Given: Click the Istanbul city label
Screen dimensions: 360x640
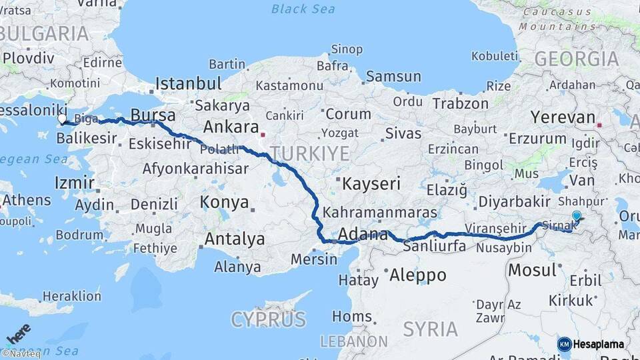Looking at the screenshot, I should (188, 84).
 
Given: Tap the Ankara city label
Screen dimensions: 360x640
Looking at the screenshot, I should (231, 127).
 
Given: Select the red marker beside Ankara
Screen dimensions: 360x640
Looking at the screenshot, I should (265, 132).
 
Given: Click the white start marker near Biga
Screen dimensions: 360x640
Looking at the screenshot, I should (62, 119).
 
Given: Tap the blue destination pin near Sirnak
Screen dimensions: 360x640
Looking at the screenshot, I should (577, 216).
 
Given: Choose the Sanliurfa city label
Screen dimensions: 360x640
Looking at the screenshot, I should (435, 247).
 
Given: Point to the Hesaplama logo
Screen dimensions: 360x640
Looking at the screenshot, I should (591, 344).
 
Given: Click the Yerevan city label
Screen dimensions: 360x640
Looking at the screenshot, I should (563, 118).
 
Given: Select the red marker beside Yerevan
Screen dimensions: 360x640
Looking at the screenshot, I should (600, 124).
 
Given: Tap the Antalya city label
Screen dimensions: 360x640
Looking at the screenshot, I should (235, 239).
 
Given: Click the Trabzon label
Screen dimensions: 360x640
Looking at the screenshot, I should (461, 104).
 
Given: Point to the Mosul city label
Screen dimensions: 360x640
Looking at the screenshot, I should (532, 271).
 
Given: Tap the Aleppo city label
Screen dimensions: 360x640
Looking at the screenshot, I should (417, 275).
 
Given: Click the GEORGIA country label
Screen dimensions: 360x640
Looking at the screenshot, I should (577, 59).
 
